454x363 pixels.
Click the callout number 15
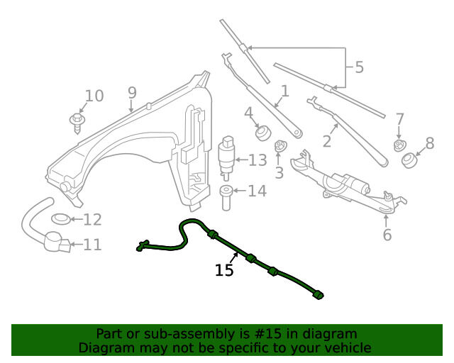pos(224,270)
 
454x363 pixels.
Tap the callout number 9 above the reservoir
pos(132,93)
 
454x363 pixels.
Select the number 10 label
pos(94,96)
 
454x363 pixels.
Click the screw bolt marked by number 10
pos(77,123)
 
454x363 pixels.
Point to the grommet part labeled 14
pos(226,198)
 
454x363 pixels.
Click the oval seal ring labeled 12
pos(61,219)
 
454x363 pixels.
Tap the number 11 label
pos(92,245)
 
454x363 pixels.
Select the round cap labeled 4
pos(263,133)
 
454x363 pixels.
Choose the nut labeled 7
pos(400,145)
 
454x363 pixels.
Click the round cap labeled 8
pos(410,161)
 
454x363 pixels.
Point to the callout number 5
pos(359,67)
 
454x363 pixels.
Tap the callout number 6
pos(387,235)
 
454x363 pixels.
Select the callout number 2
pos(326,142)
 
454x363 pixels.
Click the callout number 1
pos(285,91)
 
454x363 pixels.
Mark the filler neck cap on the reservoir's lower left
pos(66,186)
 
